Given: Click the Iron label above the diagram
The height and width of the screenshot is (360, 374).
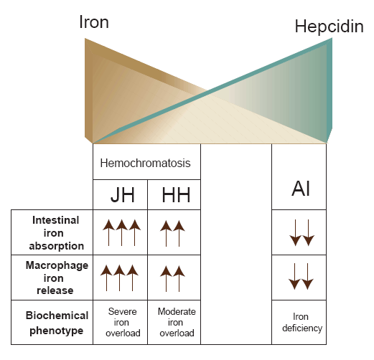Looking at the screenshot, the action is (94, 22).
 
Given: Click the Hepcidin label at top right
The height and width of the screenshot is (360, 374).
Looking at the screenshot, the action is (329, 26).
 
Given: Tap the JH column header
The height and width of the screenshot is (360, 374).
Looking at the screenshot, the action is (123, 195).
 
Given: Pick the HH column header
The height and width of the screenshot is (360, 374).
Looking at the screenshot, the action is (176, 195).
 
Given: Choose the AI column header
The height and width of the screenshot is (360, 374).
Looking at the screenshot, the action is (301, 189).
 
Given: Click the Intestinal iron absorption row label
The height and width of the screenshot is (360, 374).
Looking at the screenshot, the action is (56, 233).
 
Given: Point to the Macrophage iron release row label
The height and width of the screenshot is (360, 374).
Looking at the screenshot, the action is (57, 278).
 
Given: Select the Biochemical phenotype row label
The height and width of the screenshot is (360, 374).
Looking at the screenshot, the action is (57, 323).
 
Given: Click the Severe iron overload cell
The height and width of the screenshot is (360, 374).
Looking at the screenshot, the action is (123, 322).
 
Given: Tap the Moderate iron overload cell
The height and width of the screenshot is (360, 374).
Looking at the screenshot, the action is (177, 322).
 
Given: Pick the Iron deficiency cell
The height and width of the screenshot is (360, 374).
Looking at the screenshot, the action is (302, 322).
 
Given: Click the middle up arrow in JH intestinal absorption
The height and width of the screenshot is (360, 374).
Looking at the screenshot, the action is (121, 232).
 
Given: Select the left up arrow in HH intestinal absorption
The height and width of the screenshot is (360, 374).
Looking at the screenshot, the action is (166, 233).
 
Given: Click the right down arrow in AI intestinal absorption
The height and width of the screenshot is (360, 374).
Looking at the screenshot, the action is (309, 232).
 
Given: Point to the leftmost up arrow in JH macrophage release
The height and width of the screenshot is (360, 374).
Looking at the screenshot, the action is (106, 278).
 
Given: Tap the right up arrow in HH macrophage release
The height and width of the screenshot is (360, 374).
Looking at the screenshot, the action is (179, 279).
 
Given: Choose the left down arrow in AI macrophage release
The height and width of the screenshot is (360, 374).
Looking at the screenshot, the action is (294, 276).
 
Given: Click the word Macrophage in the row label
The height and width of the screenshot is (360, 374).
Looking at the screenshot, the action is (57, 265).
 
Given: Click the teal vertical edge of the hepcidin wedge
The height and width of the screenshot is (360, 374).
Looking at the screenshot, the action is (329, 90).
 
